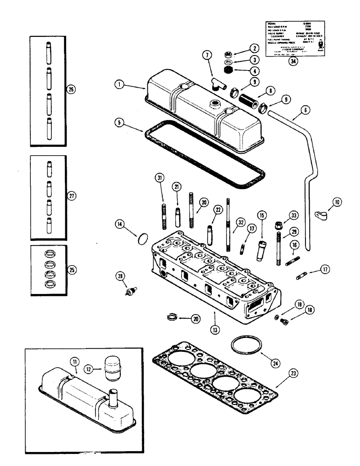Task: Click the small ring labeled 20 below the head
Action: [173, 318]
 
